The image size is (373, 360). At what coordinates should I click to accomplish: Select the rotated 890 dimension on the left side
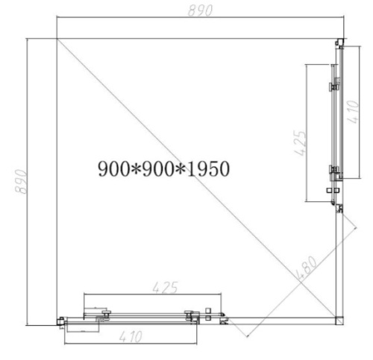coord(22,181)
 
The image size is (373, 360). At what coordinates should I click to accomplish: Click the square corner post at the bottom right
coord(339,320)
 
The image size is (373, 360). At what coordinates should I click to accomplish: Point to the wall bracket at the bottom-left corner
coord(59,321)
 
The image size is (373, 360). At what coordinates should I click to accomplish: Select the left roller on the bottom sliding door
coord(107,314)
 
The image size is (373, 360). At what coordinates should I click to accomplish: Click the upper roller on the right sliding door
coord(333,87)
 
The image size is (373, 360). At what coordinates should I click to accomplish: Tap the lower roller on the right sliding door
coord(333,174)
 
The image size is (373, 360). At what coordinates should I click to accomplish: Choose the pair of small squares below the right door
coord(333,198)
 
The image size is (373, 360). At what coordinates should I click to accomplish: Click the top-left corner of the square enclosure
coord(57,39)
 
